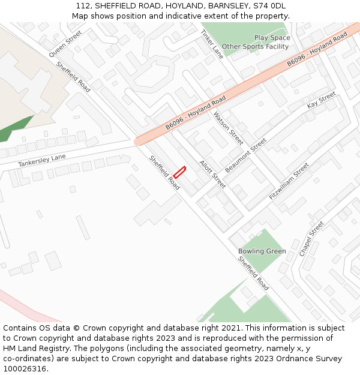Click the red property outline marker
pyautogui.click(x=179, y=172)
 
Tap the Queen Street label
pyautogui.click(x=65, y=41)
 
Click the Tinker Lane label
pyautogui.click(x=212, y=44)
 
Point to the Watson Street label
pyautogui.click(x=229, y=128)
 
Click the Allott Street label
pyautogui.click(x=212, y=174)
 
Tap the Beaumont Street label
pyautogui.click(x=246, y=155)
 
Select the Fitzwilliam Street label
pyautogui.click(x=289, y=181)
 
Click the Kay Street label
pyautogui.click(x=321, y=100)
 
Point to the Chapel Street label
pyautogui.click(x=311, y=238)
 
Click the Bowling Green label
pyautogui.click(x=262, y=251)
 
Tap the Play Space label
pyautogui.click(x=272, y=38)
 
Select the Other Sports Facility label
pyautogui.click(x=255, y=46)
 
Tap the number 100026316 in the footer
pyautogui.click(x=24, y=368)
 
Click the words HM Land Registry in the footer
pyautogui.click(x=35, y=348)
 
